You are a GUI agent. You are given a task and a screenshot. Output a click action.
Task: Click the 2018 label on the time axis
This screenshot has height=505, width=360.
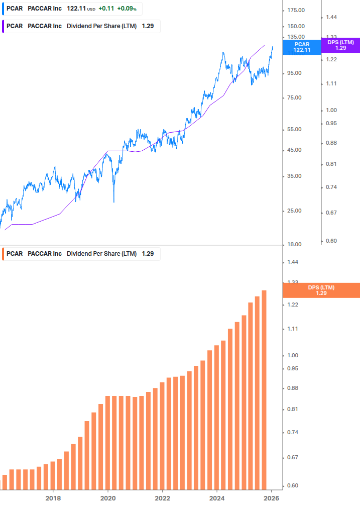tap(53, 498)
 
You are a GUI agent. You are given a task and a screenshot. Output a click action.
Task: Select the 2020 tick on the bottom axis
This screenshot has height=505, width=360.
tap(108, 498)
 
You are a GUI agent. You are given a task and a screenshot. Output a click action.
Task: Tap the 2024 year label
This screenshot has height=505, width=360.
tap(217, 498)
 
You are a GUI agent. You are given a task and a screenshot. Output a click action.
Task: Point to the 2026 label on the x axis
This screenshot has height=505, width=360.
tap(272, 498)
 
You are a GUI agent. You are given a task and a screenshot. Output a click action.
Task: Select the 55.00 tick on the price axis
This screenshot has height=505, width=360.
tap(296, 130)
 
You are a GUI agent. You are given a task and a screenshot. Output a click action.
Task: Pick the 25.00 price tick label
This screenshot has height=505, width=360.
tap(296, 211)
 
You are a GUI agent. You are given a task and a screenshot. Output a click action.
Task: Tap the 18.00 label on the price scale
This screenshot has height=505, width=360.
tap(296, 244)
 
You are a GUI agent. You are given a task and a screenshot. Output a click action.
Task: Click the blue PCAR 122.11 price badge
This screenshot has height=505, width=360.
tap(302, 47)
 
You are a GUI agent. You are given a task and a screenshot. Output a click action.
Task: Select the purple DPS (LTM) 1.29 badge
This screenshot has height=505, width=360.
tap(341, 45)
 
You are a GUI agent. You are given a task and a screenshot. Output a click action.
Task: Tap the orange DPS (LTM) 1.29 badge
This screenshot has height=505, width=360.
tap(321, 290)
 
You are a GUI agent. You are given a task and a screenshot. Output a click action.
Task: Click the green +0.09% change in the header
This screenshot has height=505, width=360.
tap(127, 9)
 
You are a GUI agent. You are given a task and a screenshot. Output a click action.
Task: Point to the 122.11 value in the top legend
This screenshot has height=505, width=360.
tap(75, 9)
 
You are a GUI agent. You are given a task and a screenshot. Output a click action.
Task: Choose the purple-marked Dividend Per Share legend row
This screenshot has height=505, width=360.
tap(80, 26)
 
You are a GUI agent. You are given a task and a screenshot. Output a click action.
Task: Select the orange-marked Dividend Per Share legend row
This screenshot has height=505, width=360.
tap(80, 254)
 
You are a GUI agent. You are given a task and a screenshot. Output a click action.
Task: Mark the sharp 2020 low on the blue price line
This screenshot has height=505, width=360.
tap(114, 202)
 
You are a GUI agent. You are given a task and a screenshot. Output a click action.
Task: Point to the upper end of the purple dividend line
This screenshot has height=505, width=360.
tap(264, 45)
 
